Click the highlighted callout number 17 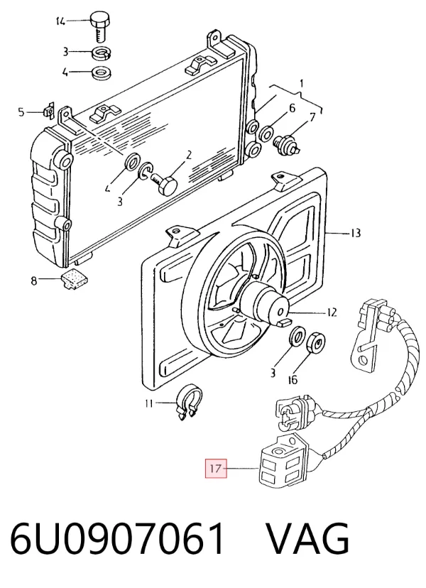(216, 469)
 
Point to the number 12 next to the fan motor (332, 312)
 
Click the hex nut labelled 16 (316, 343)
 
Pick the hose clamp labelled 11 (190, 402)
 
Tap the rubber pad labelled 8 (75, 279)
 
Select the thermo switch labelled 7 (287, 144)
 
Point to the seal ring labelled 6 (267, 132)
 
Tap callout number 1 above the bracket (302, 83)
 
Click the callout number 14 (60, 21)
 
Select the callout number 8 (34, 280)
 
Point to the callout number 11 (149, 403)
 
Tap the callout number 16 (293, 379)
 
